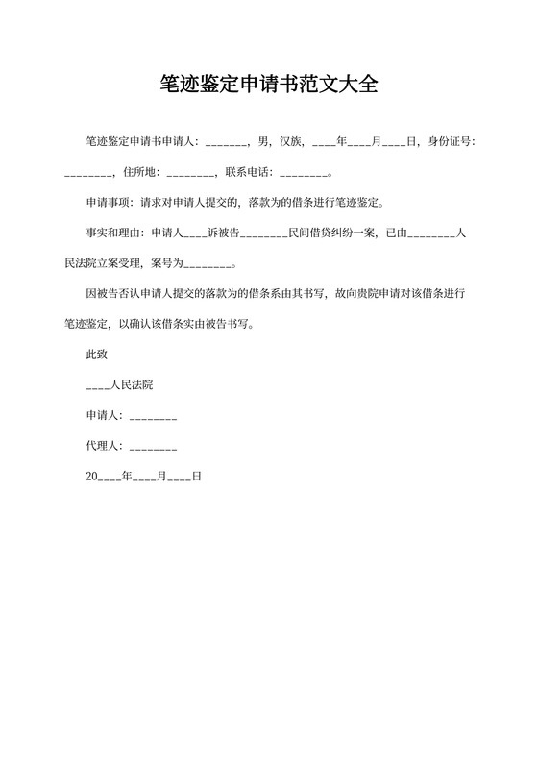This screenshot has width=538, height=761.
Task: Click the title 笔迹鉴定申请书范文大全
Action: coord(269,85)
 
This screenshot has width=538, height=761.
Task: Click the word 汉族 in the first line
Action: coord(290,142)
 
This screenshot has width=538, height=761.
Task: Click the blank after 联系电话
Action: coord(304,174)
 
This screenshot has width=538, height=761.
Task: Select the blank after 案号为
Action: coord(208,263)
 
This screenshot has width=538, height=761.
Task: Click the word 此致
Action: coord(98,354)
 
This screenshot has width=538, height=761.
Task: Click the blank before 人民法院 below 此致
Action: coord(98,384)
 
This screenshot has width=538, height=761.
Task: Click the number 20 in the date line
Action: coord(92,477)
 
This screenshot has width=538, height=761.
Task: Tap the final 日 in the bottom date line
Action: coord(196,477)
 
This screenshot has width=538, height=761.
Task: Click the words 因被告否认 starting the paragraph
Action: coord(115,292)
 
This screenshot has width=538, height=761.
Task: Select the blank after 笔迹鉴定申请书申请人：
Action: coord(227,142)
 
